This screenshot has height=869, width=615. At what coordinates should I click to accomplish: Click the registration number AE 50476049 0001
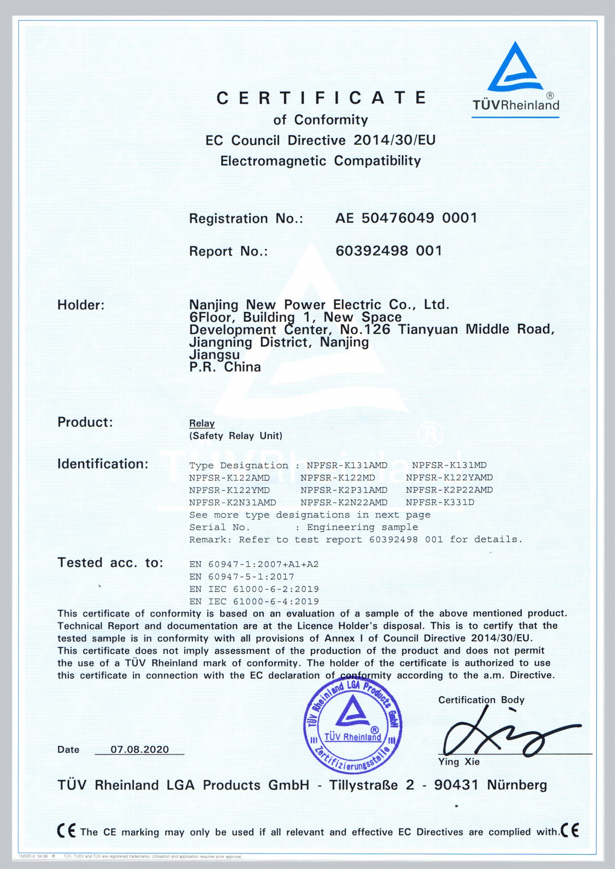pyautogui.click(x=406, y=218)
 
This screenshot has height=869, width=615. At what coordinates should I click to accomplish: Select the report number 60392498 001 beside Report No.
pyautogui.click(x=389, y=251)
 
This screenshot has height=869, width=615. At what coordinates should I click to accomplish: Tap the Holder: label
pyautogui.click(x=81, y=305)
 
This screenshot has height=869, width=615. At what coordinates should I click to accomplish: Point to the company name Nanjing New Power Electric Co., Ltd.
pyautogui.click(x=319, y=305)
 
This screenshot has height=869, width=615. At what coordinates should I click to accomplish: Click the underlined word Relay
pyautogui.click(x=202, y=423)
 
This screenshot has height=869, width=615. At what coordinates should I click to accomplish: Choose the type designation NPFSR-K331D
pyautogui.click(x=440, y=502)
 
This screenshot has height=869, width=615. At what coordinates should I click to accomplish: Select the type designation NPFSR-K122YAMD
pyautogui.click(x=449, y=478)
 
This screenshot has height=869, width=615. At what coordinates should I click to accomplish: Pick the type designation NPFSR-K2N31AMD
pyautogui.click(x=232, y=502)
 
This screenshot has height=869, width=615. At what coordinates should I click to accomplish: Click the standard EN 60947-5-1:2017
pyautogui.click(x=242, y=576)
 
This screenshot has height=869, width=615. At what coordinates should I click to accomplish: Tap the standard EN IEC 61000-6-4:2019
pyautogui.click(x=254, y=601)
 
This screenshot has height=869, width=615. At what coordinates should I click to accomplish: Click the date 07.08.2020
pyautogui.click(x=139, y=749)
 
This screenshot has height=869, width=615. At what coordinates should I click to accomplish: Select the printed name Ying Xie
pyautogui.click(x=459, y=762)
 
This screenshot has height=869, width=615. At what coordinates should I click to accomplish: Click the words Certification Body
pyautogui.click(x=481, y=700)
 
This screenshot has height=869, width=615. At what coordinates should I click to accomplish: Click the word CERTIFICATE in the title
pyautogui.click(x=321, y=98)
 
